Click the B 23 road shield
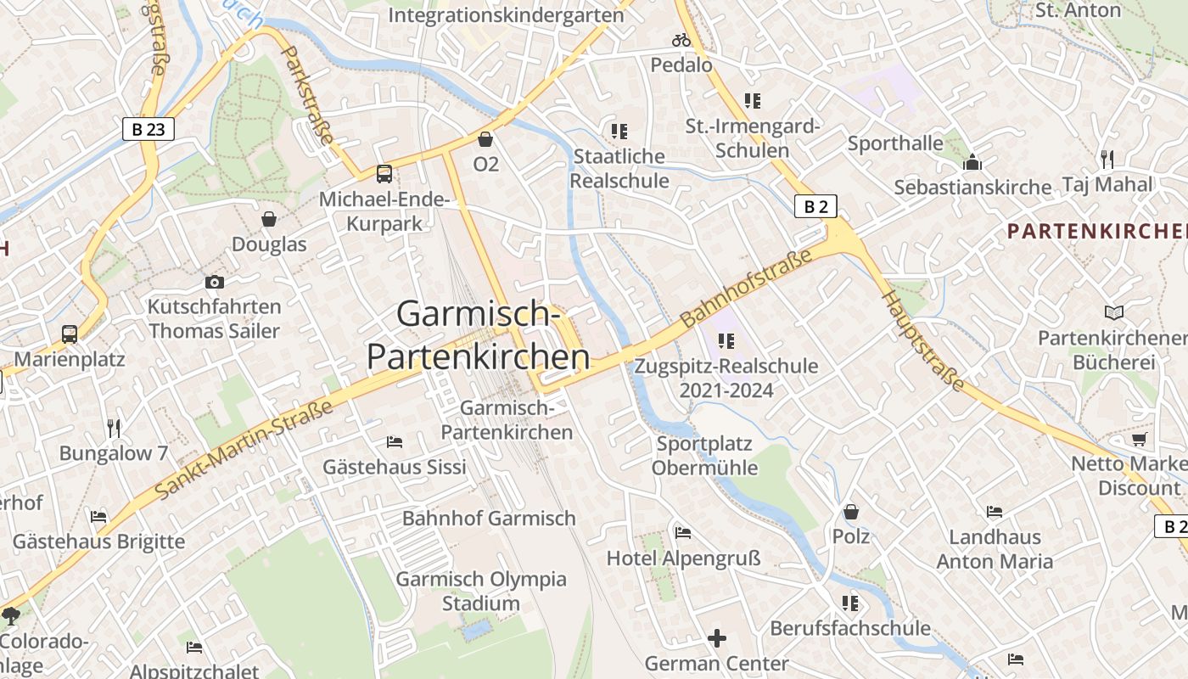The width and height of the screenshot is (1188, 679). [148, 129]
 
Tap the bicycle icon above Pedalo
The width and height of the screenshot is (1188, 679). [681, 40]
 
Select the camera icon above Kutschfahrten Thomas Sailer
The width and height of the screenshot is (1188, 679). [215, 282]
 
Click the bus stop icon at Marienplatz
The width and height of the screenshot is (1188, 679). [70, 334]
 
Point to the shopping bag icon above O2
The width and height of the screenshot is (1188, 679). [485, 139]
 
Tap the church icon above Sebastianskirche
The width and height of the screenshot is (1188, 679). [972, 162]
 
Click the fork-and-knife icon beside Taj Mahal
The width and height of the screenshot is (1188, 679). [1107, 159]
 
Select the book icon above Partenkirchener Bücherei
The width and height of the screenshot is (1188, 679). [1113, 313]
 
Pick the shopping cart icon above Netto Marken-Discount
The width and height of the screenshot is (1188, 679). [1139, 439]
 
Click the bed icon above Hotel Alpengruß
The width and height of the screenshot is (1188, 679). [683, 533]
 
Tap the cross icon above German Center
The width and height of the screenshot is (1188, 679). [717, 638]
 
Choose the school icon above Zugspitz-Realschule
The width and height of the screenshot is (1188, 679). [726, 341]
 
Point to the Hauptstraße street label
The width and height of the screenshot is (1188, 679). [923, 341]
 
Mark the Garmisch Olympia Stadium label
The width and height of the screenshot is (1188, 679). [481, 591]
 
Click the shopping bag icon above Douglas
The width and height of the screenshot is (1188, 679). [269, 220]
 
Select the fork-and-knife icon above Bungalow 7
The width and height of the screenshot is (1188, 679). [114, 428]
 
